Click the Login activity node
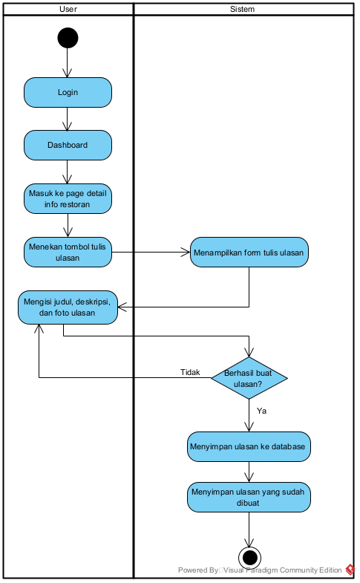(x=68, y=93)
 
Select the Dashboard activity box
(x=68, y=145)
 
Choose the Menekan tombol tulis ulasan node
(x=68, y=253)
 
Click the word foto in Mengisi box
(x=63, y=313)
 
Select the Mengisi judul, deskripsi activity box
(x=68, y=307)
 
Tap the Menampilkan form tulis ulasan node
(x=249, y=253)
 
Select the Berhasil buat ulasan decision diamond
(x=249, y=378)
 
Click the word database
(x=289, y=447)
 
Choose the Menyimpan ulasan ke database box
(x=249, y=447)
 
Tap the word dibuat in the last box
(x=249, y=503)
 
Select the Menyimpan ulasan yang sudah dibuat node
(x=249, y=497)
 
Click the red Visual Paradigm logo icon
(x=350, y=570)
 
